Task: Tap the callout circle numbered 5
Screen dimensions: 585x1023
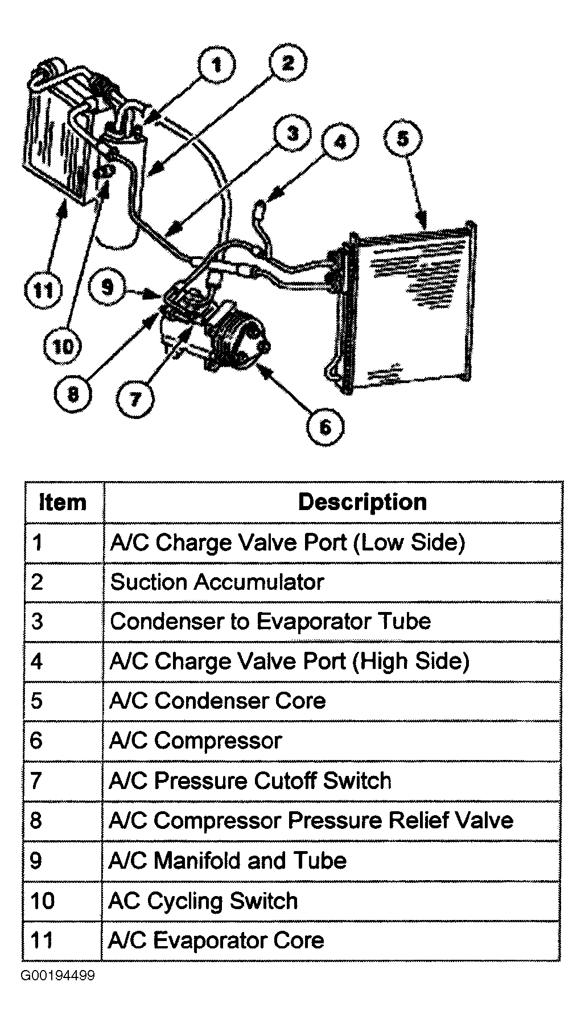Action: (x=403, y=139)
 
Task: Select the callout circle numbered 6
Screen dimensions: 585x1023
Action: (x=326, y=427)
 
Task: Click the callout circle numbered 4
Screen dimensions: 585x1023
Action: (x=340, y=141)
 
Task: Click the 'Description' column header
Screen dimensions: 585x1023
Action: (x=362, y=502)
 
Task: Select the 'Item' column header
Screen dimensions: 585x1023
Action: (x=63, y=502)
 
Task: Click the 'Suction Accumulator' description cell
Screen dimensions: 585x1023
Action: (x=217, y=582)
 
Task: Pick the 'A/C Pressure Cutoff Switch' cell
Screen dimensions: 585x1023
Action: (x=250, y=780)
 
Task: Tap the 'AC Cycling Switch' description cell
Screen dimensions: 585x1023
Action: (x=203, y=901)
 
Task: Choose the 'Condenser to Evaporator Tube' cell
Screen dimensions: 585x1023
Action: (x=271, y=622)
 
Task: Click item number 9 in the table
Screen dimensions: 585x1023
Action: (x=36, y=861)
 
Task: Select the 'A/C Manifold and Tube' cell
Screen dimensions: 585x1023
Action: (x=227, y=861)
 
